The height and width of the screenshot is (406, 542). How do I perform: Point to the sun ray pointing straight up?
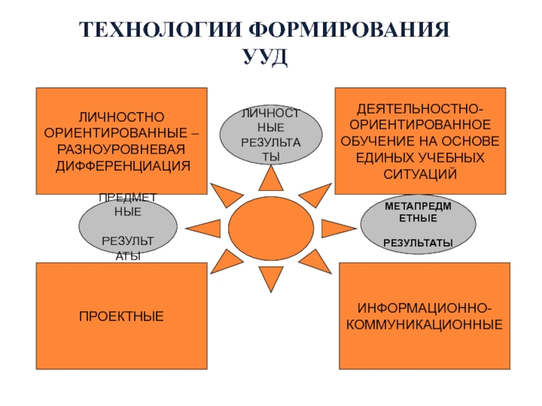point(271,177)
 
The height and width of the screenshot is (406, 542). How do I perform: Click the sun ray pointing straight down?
point(271,276)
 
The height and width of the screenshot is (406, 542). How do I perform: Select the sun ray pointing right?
point(335,227)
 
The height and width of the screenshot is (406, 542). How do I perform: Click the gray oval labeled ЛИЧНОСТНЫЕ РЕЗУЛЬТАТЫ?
point(271,135)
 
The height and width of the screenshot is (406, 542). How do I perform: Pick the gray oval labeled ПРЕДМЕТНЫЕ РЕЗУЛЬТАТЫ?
point(128,226)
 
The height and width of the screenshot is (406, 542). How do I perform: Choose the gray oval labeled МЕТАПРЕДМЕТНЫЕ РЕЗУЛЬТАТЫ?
point(419,222)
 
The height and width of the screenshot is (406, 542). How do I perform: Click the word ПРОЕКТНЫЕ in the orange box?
point(121,316)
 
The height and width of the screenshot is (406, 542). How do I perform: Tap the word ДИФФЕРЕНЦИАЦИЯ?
point(121,165)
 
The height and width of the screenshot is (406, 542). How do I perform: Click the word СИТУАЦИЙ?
point(421,174)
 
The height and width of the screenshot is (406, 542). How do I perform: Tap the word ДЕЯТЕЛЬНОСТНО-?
point(421,109)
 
